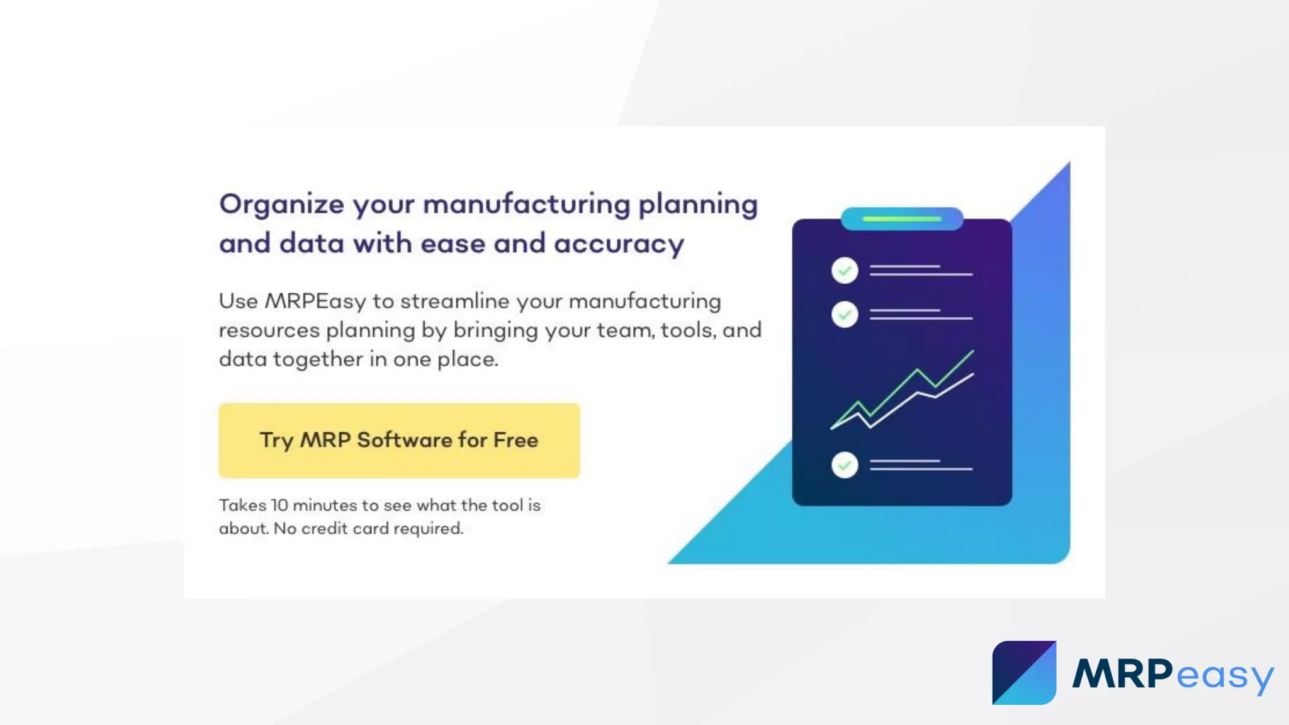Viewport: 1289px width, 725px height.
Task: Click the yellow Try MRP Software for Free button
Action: [x=399, y=441]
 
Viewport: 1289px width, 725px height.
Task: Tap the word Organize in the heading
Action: [x=281, y=205]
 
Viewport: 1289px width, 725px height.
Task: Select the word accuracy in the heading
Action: [x=619, y=244]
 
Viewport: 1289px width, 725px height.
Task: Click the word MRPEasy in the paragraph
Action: [x=315, y=301]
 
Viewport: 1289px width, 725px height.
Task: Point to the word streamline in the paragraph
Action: [x=454, y=301]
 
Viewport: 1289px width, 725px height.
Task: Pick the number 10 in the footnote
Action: [x=279, y=505]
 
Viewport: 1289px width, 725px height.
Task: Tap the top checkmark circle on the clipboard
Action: [x=845, y=271]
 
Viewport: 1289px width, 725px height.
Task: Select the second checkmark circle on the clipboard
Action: [x=845, y=314]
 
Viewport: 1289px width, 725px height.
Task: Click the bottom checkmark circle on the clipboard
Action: [x=845, y=465]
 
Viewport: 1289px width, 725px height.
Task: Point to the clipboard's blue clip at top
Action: [x=902, y=219]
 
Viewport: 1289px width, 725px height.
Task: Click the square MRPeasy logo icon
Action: [x=1024, y=673]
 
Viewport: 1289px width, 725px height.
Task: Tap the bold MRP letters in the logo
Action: [x=1123, y=674]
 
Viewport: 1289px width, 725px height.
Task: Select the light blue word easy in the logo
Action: [x=1224, y=677]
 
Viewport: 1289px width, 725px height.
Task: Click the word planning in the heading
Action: [x=698, y=205]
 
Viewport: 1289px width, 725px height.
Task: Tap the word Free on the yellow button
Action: [x=515, y=440]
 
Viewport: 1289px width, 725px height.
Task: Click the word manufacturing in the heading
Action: [x=526, y=205]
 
